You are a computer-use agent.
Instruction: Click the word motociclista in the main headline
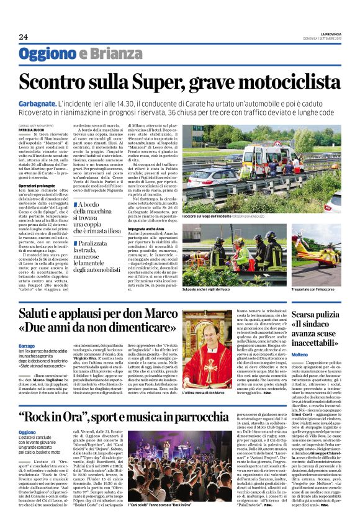[287, 82]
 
